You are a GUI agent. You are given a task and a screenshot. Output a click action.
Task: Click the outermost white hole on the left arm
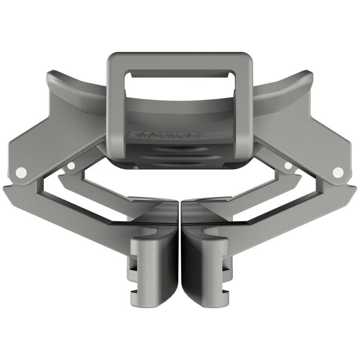20,171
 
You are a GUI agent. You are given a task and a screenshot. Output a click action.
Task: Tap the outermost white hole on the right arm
338,171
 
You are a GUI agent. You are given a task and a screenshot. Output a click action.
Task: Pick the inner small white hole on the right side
288,166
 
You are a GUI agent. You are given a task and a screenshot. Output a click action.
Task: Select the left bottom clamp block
154,269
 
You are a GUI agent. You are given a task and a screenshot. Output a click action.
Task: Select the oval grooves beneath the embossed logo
180,158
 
